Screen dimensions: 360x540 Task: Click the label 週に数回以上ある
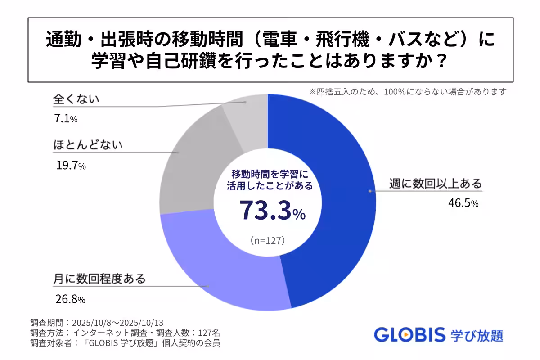[435, 184]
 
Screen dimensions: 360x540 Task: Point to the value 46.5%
[463, 203]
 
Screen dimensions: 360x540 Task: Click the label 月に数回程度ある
[99, 279]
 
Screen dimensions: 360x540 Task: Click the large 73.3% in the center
[272, 210]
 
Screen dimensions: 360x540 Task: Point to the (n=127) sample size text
[268, 241]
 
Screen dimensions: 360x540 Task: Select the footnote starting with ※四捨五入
[407, 91]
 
